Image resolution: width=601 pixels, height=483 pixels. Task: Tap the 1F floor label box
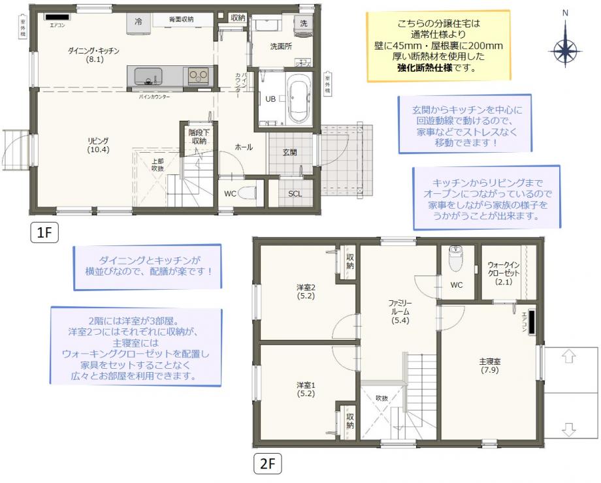click(x=44, y=232)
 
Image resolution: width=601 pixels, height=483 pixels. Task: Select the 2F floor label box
click(x=268, y=464)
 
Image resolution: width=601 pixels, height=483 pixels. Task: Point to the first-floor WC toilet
click(x=248, y=193)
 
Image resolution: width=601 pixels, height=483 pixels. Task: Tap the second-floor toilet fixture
click(x=455, y=258)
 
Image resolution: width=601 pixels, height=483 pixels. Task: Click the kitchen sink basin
click(x=148, y=76)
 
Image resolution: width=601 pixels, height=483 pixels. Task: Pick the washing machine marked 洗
click(x=304, y=27)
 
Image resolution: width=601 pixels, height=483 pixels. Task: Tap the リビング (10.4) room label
click(x=98, y=146)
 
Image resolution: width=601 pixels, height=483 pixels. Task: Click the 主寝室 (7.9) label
click(x=490, y=366)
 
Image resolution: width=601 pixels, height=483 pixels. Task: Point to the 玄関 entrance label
click(x=290, y=153)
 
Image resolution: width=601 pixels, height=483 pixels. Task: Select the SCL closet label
click(x=295, y=194)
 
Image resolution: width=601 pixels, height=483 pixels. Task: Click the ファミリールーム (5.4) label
click(x=400, y=312)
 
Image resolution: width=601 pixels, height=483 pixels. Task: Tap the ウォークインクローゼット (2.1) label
click(x=504, y=273)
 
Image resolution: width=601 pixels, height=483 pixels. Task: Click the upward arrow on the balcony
click(x=569, y=356)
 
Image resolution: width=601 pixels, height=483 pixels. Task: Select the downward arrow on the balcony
click(x=569, y=429)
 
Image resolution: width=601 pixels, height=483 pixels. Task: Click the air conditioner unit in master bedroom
click(x=532, y=320)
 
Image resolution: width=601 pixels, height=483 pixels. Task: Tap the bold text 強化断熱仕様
click(x=425, y=69)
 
